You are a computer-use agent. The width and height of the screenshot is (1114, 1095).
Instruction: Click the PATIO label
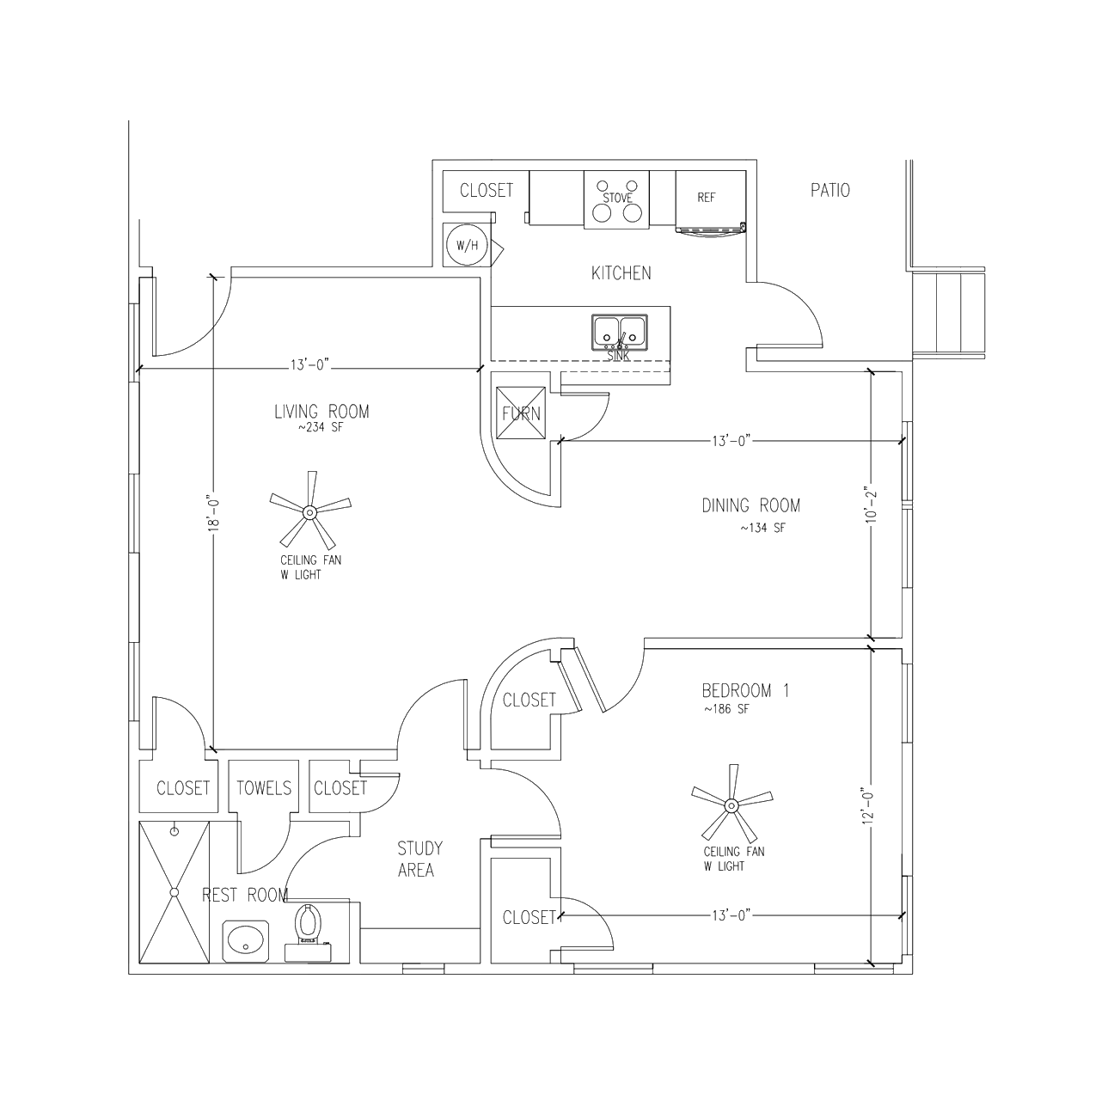point(830,190)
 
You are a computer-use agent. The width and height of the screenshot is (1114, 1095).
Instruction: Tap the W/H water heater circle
point(467,245)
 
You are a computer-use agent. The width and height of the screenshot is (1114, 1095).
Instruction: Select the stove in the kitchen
point(617,199)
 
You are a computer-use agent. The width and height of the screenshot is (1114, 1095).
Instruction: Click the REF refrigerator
point(711,202)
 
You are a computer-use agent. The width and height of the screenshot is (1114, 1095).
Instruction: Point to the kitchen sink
point(619,333)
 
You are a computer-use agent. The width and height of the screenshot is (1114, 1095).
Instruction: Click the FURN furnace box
point(521,413)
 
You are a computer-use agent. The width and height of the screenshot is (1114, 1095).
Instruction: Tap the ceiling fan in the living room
point(310,511)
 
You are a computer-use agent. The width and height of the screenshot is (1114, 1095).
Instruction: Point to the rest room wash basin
point(246,941)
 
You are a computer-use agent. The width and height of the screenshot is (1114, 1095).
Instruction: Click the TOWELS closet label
point(264,788)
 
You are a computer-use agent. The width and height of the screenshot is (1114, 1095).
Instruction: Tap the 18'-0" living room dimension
point(215,514)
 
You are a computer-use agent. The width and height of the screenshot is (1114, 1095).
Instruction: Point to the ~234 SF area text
point(321,428)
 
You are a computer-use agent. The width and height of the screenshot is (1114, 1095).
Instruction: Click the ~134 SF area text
point(763,528)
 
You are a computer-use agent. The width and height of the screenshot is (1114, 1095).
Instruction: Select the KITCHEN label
point(621,272)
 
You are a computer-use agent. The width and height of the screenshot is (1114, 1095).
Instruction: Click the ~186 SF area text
point(726,709)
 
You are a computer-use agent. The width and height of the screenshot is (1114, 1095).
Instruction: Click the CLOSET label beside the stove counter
point(487,190)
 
